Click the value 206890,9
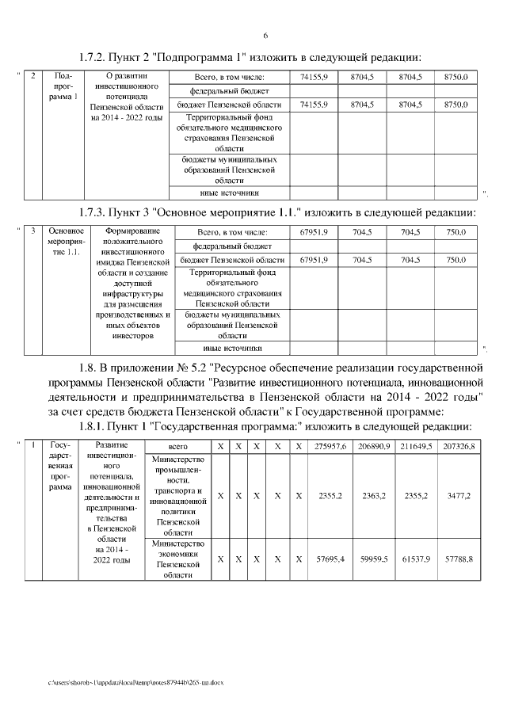(x=373, y=448)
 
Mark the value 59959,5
(x=373, y=559)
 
